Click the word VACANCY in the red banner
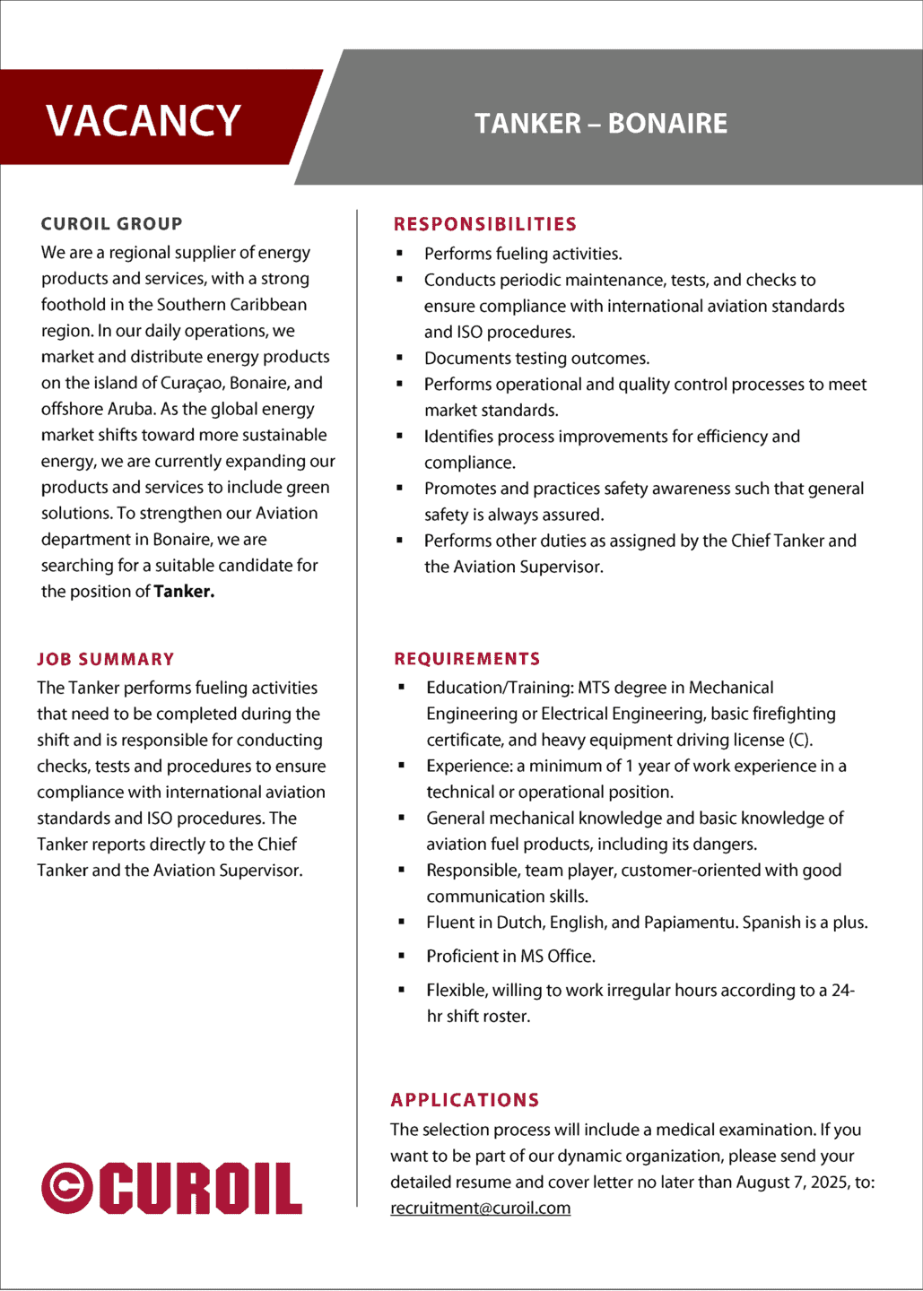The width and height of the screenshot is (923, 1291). tap(144, 120)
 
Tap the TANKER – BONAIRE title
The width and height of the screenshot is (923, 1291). tap(601, 124)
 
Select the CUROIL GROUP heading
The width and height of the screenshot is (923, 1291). tap(112, 224)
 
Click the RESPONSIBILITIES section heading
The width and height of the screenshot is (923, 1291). tap(485, 224)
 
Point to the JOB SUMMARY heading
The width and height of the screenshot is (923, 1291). tap(106, 659)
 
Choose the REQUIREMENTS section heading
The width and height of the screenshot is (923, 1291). tap(467, 659)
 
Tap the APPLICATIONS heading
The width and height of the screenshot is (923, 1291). tap(465, 1100)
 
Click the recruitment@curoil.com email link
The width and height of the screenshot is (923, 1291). tap(480, 1208)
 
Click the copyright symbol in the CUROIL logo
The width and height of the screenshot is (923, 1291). tap(67, 1188)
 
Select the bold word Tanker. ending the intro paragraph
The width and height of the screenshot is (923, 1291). tap(184, 592)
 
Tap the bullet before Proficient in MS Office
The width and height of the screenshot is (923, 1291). tap(401, 957)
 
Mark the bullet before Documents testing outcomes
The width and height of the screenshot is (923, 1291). tap(400, 358)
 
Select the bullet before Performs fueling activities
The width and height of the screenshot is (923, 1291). tap(400, 254)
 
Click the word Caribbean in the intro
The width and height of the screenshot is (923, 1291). tap(267, 305)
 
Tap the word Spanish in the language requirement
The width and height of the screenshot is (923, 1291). tap(771, 923)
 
